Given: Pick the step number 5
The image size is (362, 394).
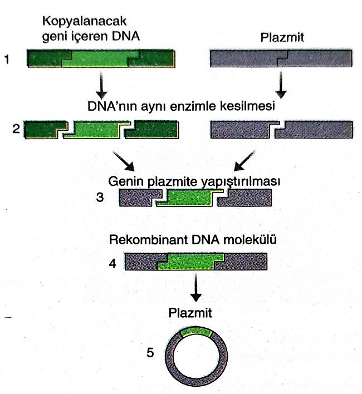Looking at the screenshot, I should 150,352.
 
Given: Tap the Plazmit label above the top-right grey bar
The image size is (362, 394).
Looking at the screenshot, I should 280,38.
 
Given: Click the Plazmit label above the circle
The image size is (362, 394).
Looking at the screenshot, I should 192,312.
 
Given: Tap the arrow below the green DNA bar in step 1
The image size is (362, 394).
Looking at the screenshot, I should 101,85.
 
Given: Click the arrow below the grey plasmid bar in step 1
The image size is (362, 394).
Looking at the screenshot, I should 281,85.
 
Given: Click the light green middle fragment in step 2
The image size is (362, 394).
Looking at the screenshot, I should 94,132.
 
